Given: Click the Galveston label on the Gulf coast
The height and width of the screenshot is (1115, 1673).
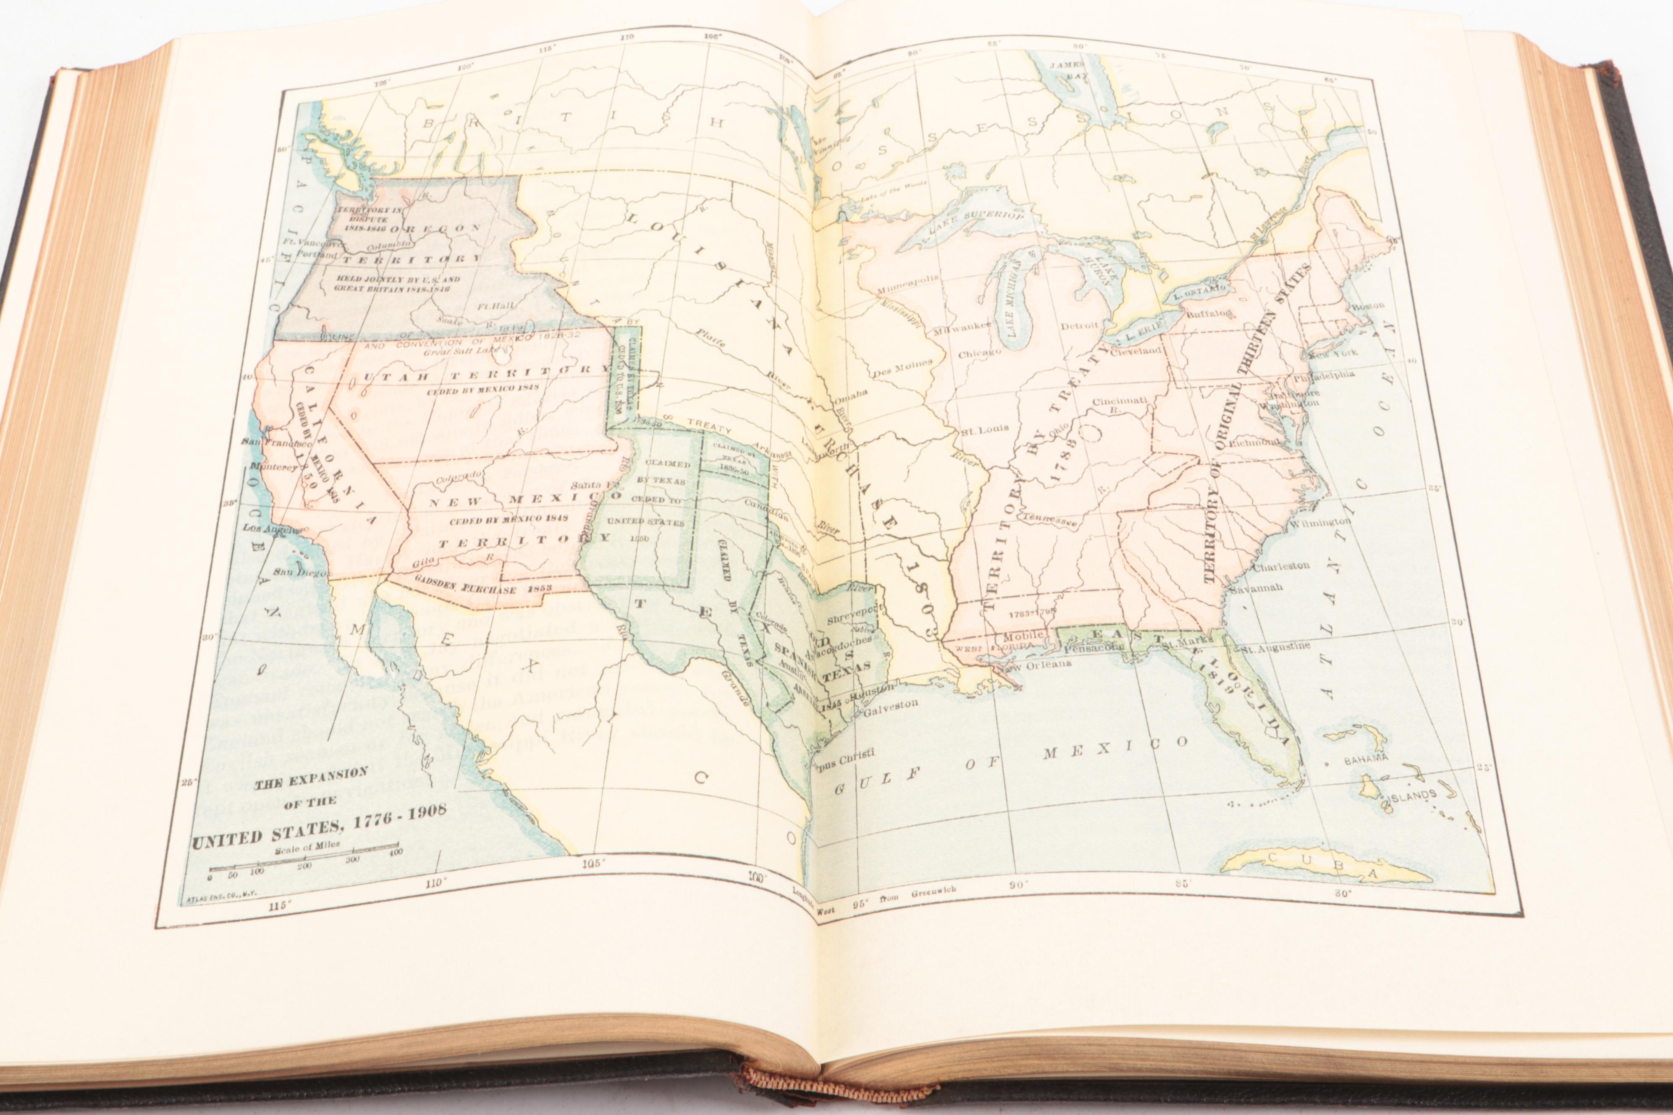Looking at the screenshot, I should (891, 705).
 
